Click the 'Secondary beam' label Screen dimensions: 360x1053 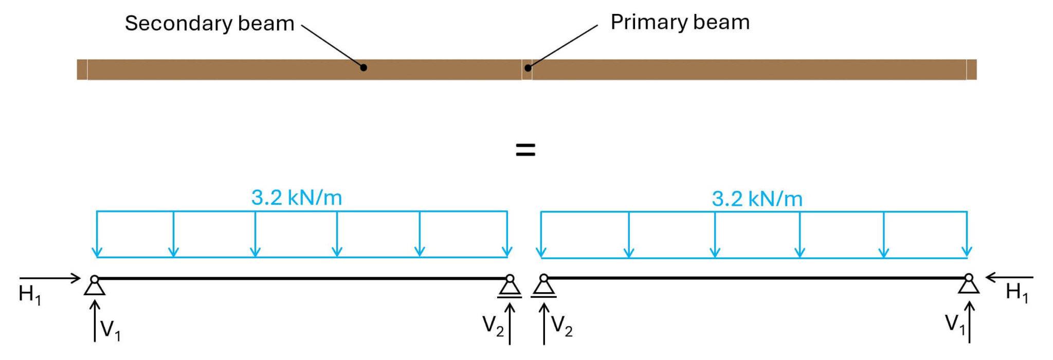(x=209, y=24)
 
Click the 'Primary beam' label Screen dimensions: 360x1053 (x=680, y=23)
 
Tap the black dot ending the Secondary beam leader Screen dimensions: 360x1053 (x=364, y=67)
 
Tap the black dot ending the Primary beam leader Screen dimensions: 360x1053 (x=528, y=67)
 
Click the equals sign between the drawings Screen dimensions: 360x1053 (x=525, y=150)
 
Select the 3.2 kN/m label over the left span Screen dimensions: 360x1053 (x=297, y=197)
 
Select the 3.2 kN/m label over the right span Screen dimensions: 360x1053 (x=757, y=199)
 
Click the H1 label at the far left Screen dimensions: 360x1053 (x=29, y=295)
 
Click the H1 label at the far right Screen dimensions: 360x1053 (x=1016, y=293)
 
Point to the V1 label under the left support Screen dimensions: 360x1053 (x=110, y=330)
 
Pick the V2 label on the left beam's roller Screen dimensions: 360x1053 (x=493, y=326)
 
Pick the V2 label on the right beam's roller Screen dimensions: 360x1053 (x=561, y=326)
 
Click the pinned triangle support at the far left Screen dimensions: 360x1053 (x=95, y=287)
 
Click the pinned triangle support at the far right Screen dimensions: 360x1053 (x=969, y=286)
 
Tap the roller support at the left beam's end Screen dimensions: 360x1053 (x=510, y=288)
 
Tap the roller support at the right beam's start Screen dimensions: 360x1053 (x=543, y=287)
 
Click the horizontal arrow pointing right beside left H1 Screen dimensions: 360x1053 (x=50, y=278)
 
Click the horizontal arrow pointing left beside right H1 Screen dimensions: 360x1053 (x=1009, y=277)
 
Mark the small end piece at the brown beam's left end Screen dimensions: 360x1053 (x=82, y=69)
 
